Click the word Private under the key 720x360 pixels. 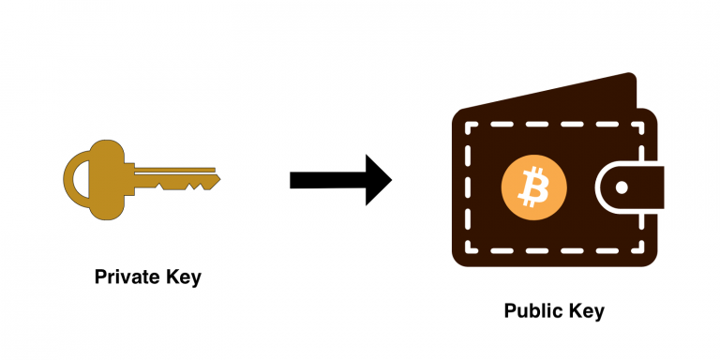pos(122,277)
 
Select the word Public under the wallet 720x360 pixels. pos(531,310)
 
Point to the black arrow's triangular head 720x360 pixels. pos(377,180)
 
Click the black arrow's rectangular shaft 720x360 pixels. pos(327,180)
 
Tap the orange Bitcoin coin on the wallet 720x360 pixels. pos(534,187)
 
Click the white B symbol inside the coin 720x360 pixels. pos(534,187)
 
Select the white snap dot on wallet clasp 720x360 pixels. pos(622,187)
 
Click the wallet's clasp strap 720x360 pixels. pos(630,187)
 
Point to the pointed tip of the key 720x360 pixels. pos(220,179)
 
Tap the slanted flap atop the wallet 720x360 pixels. pos(551,94)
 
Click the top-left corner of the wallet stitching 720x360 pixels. pos(469,125)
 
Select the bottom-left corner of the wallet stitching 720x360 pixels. pos(469,250)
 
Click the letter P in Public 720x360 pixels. pos(510,310)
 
